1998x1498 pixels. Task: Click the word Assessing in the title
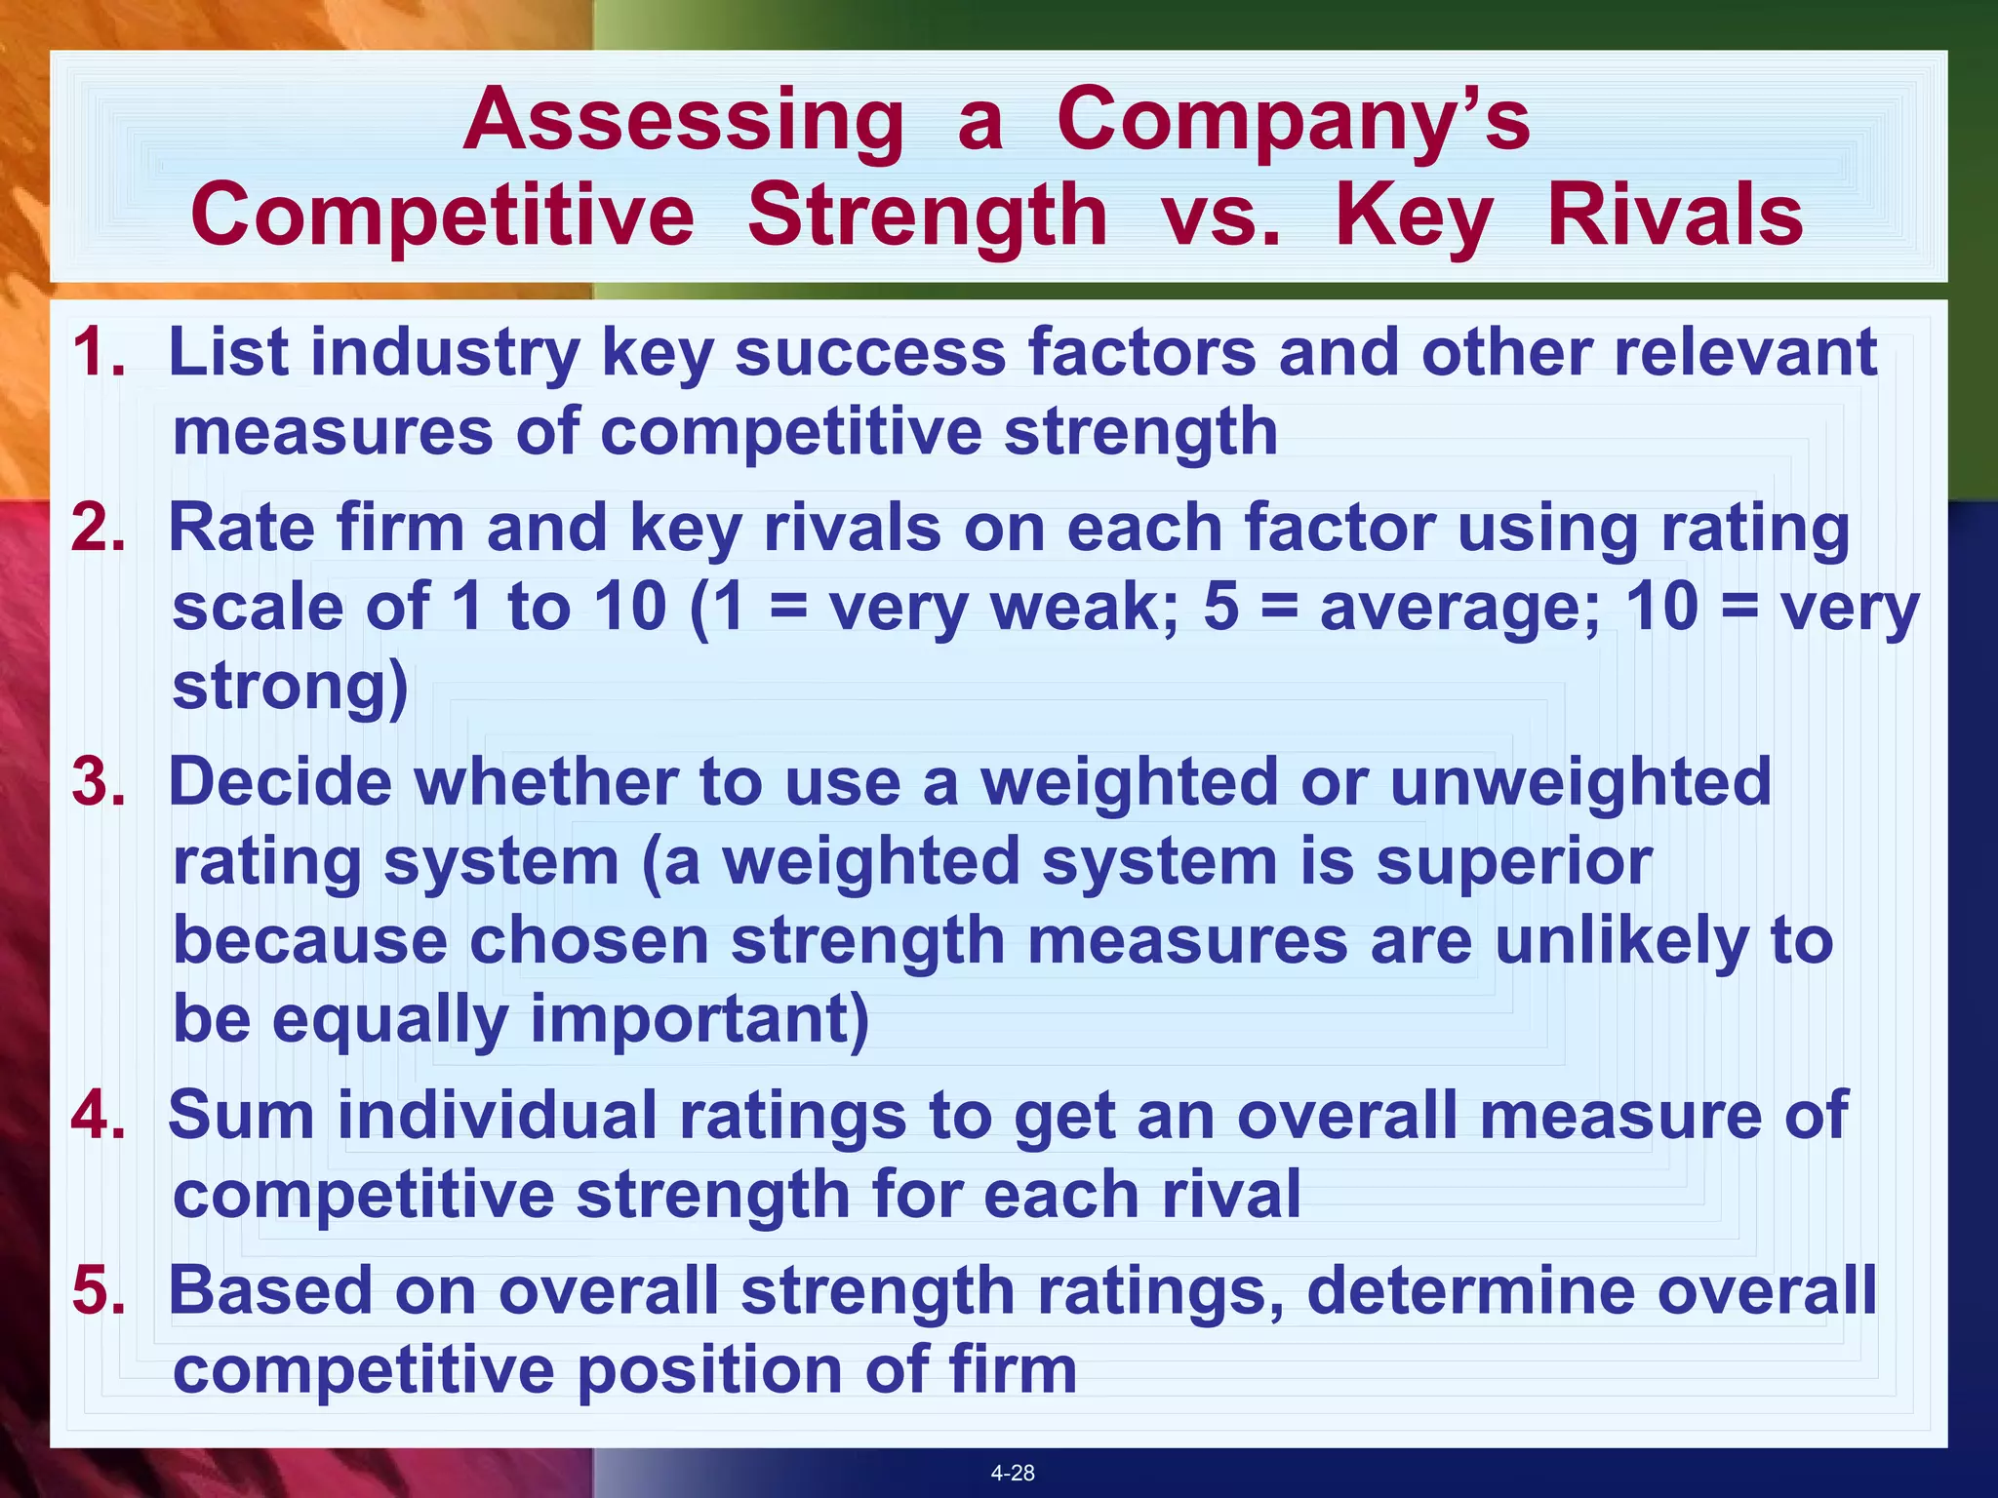684,121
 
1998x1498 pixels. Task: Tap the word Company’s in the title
1294,121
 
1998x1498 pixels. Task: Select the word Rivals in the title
1675,217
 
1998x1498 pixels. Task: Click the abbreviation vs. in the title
1220,217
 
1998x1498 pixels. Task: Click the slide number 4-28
1013,1473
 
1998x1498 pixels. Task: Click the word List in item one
228,352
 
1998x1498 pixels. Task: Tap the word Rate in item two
242,528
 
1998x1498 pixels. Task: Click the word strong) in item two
290,687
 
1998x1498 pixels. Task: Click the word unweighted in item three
1579,782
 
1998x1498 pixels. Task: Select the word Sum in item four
241,1115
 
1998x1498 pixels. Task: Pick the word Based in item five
270,1290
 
